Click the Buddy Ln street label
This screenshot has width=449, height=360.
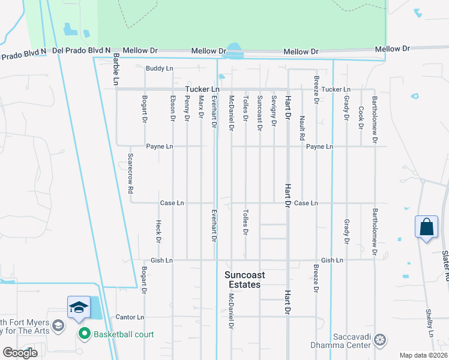(x=159, y=69)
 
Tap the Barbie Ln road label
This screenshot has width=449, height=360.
(x=116, y=69)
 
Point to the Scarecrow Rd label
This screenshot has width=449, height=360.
(x=130, y=173)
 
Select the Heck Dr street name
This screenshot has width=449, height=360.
(x=158, y=231)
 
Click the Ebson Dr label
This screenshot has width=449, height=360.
(x=173, y=109)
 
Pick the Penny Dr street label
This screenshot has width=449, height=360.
(x=187, y=109)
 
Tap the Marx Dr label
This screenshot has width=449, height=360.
(x=202, y=107)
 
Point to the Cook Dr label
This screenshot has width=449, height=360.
(x=361, y=118)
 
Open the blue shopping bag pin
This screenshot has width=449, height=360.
(x=426, y=227)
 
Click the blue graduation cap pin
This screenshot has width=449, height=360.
(x=79, y=308)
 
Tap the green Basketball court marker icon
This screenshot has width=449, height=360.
(x=84, y=334)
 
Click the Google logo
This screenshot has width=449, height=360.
(x=20, y=353)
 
